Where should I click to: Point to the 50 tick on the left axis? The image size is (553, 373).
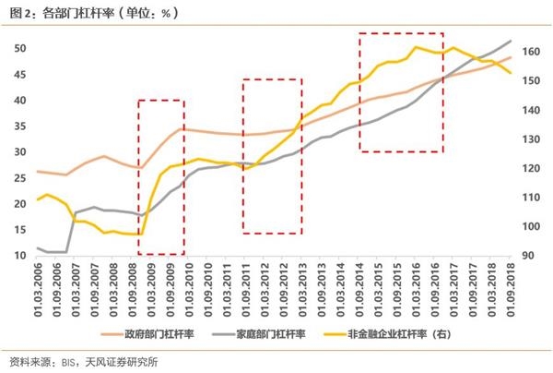[x=18, y=48]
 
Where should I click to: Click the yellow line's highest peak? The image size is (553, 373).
[x=418, y=46]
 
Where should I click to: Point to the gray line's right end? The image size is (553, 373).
[x=511, y=41]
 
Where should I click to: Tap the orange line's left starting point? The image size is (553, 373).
[x=37, y=171]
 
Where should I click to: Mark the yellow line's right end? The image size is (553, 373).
[x=511, y=74]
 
